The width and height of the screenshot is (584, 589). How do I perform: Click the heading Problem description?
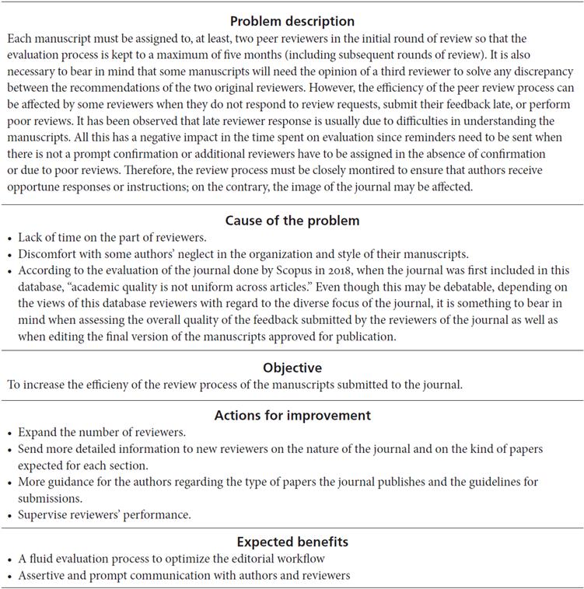point(292,21)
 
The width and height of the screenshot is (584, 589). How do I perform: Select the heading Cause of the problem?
point(292,221)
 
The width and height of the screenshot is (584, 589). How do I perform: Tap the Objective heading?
point(292,368)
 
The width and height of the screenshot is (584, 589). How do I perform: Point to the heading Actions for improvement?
point(292,415)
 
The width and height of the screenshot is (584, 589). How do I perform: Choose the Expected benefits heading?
point(292,541)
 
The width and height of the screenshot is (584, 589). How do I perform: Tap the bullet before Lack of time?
point(9,237)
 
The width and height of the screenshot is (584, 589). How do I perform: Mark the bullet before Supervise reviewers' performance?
point(9,514)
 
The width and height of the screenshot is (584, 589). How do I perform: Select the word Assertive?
point(44,575)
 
